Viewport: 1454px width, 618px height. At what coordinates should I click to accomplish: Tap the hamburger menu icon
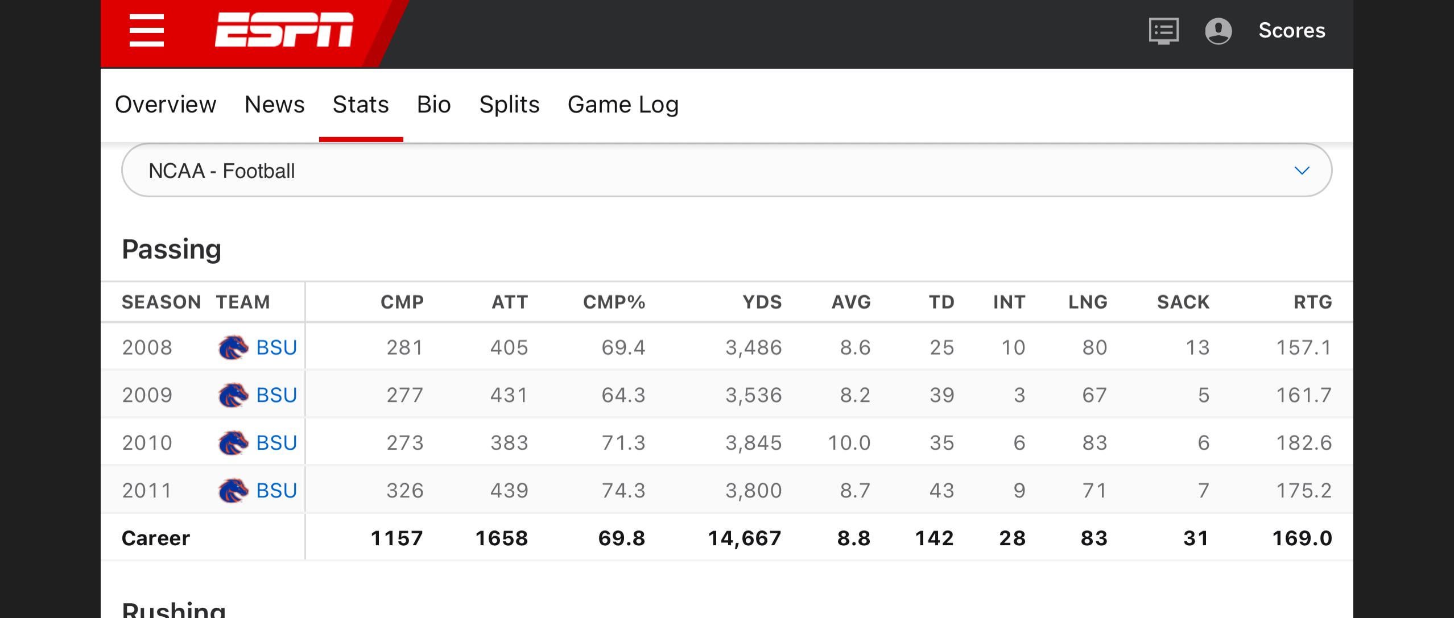(147, 31)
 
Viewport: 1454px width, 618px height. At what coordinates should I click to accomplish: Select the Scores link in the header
(1291, 31)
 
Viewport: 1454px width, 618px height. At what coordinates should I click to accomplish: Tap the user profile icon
(1218, 31)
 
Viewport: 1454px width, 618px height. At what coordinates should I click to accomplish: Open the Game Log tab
(623, 105)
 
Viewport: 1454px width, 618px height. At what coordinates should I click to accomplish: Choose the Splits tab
(509, 105)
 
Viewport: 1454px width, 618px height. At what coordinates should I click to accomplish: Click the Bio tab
(433, 105)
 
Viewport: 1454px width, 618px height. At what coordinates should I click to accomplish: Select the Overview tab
(166, 105)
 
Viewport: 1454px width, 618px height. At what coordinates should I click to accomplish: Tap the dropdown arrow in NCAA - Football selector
(1302, 171)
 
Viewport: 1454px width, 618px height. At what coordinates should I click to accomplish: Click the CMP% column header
(614, 302)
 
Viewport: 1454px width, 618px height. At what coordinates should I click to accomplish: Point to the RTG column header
(1312, 302)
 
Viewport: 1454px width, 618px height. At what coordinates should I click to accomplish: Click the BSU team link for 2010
(276, 443)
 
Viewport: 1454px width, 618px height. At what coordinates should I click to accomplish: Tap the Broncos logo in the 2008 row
(233, 347)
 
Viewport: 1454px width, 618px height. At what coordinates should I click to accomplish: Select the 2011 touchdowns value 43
(941, 491)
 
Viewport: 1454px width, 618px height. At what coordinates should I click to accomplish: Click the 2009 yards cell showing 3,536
(753, 395)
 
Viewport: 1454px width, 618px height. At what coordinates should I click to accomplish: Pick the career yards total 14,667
(744, 538)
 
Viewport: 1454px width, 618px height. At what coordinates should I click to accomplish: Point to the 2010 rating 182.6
(1303, 443)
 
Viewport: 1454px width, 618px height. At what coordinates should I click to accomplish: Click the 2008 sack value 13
(1197, 347)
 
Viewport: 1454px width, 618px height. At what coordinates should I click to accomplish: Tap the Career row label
(156, 538)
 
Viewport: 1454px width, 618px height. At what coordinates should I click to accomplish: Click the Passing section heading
(171, 250)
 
